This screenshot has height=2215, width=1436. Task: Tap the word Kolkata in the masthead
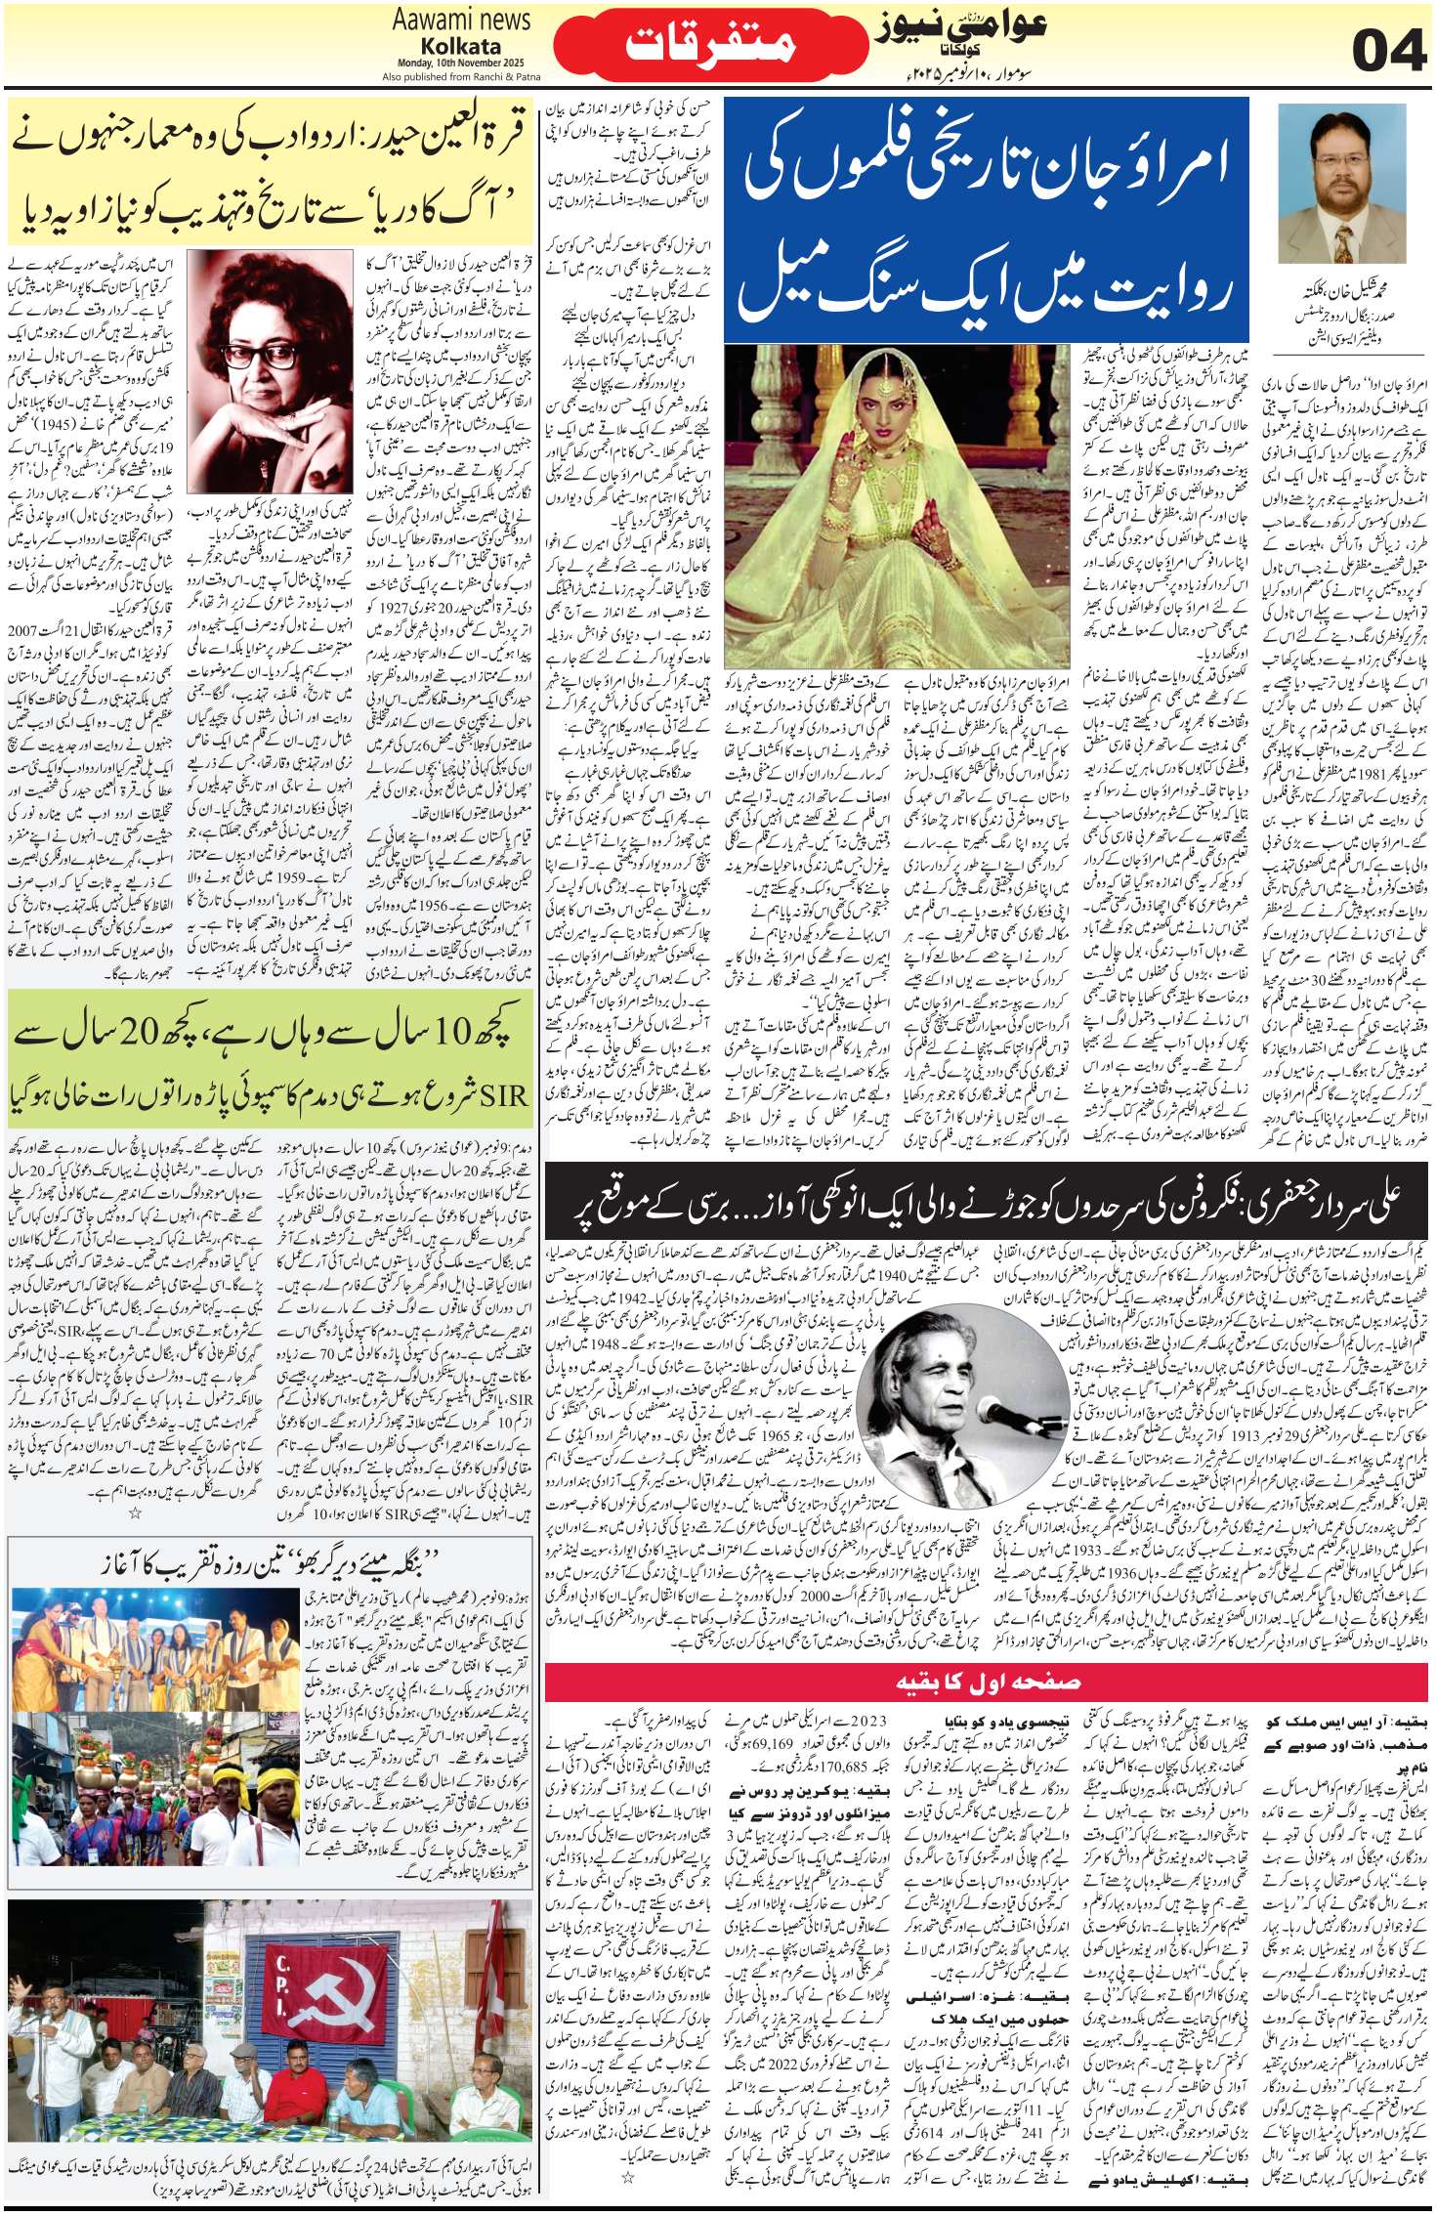(x=461, y=46)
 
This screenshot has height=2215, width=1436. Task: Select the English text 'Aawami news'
(x=461, y=20)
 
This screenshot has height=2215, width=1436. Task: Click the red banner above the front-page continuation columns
(x=987, y=1681)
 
